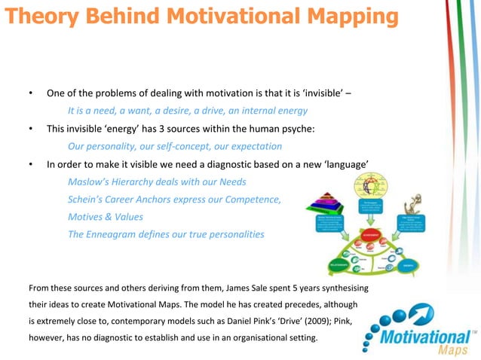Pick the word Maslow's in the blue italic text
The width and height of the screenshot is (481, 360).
point(90,182)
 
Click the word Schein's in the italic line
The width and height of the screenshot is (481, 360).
point(87,200)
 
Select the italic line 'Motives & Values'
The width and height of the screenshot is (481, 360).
point(105,217)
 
